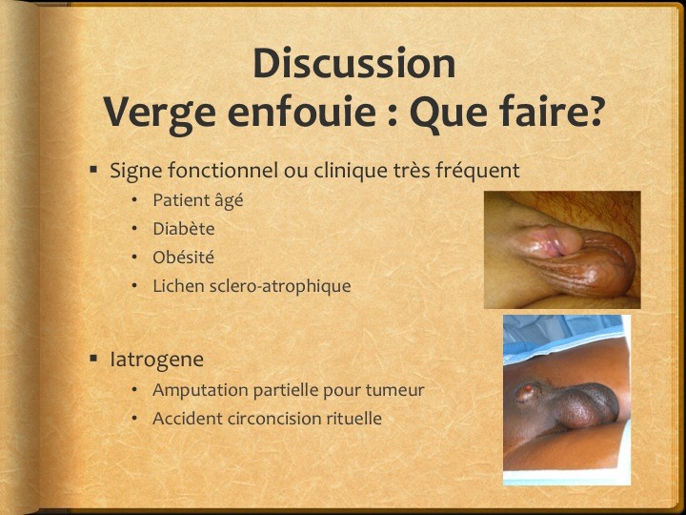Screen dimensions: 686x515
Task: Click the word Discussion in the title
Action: tap(354, 63)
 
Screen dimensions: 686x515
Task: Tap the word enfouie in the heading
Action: tap(301, 113)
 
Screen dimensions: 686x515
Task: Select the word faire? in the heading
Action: tap(554, 113)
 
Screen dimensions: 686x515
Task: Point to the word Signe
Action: tap(135, 171)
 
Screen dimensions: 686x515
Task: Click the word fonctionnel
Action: tap(223, 170)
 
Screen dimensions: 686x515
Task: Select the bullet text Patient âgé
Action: tap(198, 200)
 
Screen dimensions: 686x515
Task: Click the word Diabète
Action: tap(183, 229)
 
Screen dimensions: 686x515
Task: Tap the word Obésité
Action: tap(183, 257)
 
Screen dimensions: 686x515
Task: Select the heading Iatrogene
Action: tap(156, 360)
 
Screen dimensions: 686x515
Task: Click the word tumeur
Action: tap(395, 390)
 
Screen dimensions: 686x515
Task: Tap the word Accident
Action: tap(187, 419)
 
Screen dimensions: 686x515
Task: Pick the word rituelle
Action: tap(353, 419)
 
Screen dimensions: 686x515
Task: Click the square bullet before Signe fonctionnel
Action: tap(93, 170)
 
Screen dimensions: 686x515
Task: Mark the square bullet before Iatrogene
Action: tap(93, 359)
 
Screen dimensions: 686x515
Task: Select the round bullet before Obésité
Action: tap(134, 257)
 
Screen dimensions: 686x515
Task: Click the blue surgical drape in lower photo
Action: tap(563, 338)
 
